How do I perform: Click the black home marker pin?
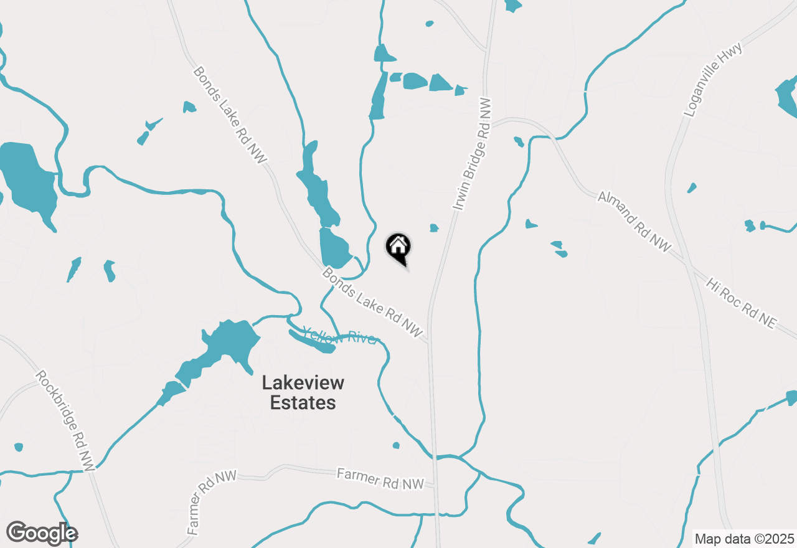click(398, 247)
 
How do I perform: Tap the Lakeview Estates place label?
click(303, 392)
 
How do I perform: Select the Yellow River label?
click(340, 337)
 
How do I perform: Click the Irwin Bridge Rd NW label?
click(472, 153)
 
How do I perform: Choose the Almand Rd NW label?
click(634, 222)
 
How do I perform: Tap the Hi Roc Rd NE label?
click(742, 303)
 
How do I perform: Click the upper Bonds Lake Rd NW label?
click(230, 115)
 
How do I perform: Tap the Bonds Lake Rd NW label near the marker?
click(372, 303)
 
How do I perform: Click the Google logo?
click(42, 533)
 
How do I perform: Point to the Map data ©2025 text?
click(744, 539)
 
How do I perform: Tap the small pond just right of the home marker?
click(434, 228)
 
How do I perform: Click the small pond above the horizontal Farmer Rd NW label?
click(396, 445)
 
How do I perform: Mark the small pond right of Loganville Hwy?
click(692, 187)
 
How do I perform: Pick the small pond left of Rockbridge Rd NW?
click(18, 447)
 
